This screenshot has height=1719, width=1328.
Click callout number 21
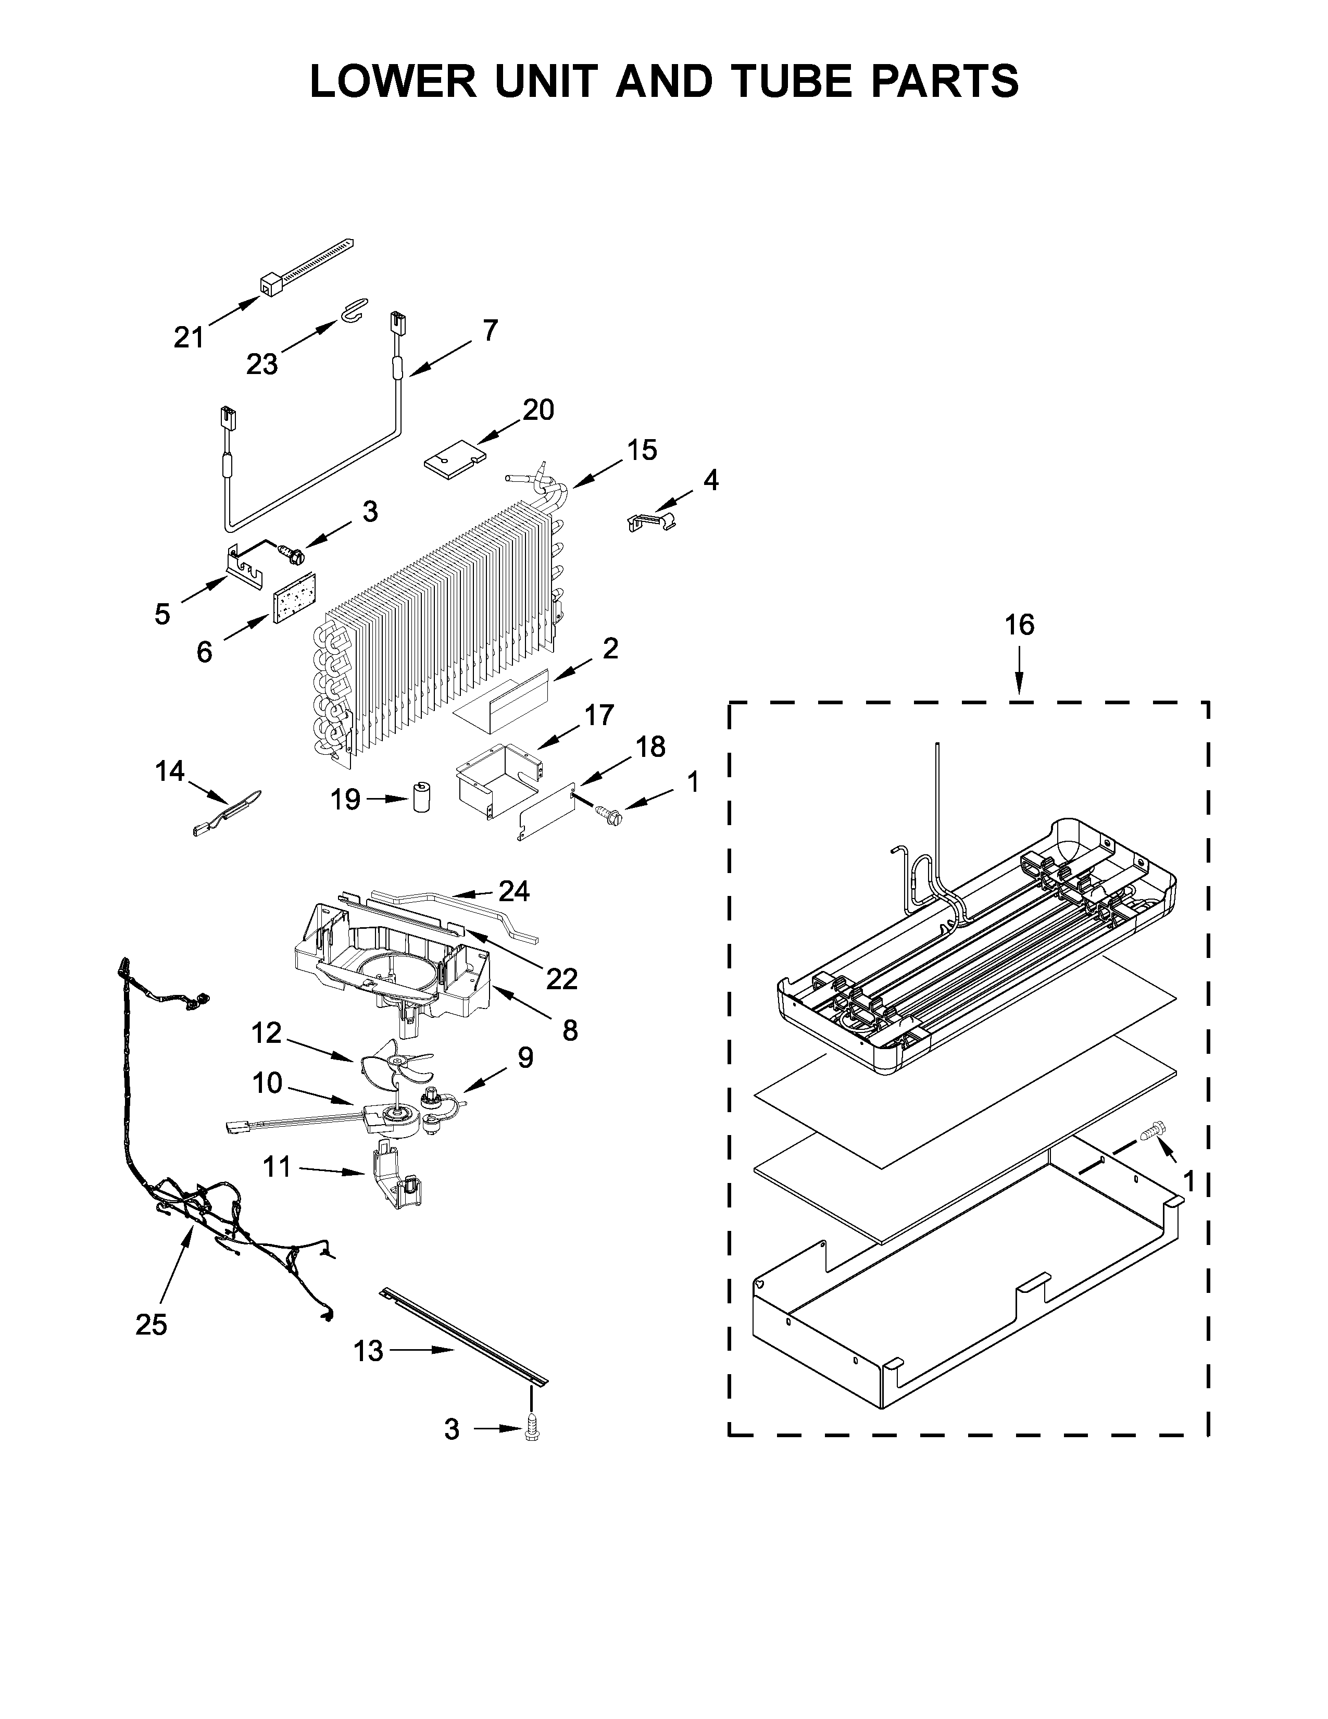tap(189, 337)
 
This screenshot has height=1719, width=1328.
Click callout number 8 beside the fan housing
tap(570, 1029)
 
